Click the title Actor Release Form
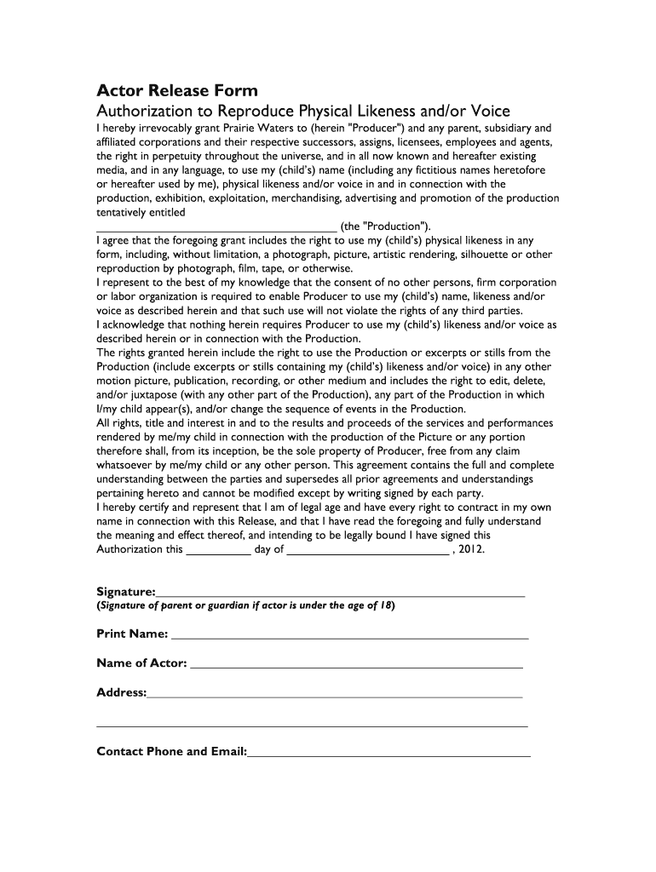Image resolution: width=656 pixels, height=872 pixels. coord(177,91)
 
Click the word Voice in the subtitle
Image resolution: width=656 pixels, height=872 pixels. coord(485,112)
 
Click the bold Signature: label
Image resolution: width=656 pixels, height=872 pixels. coord(126,592)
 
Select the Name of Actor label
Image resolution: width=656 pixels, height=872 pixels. coord(141,663)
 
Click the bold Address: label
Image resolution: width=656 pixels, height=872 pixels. coord(122,692)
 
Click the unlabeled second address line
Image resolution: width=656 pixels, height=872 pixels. coord(312,726)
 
